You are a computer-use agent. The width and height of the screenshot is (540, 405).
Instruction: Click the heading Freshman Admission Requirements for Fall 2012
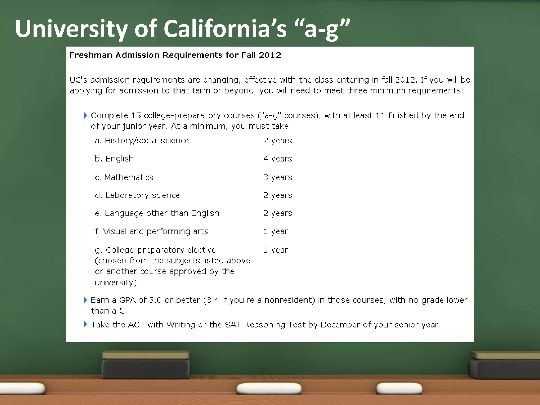click(x=175, y=55)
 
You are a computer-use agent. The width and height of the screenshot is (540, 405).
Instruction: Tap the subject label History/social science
click(x=147, y=141)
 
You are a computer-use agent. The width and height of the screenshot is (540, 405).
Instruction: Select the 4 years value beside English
click(x=278, y=159)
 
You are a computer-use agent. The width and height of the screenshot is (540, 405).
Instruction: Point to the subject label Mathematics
click(x=129, y=177)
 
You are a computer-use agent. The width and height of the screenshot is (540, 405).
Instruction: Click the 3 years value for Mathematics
click(x=278, y=177)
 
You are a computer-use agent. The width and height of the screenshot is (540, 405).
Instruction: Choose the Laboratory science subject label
click(x=142, y=195)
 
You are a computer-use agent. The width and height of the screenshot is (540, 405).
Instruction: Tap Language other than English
click(x=162, y=213)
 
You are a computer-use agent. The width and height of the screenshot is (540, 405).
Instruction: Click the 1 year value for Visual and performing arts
click(x=276, y=232)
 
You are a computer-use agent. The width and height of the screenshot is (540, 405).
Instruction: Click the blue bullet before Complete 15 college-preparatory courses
click(x=86, y=115)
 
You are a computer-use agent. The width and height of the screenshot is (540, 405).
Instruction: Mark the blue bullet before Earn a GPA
click(x=86, y=300)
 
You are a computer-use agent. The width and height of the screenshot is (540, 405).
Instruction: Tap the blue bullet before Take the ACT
click(x=86, y=324)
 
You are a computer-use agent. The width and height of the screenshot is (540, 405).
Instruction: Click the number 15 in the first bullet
click(x=136, y=115)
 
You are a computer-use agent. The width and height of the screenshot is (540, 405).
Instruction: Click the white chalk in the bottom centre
click(x=269, y=388)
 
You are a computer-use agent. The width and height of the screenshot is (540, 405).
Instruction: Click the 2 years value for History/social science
click(x=278, y=141)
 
